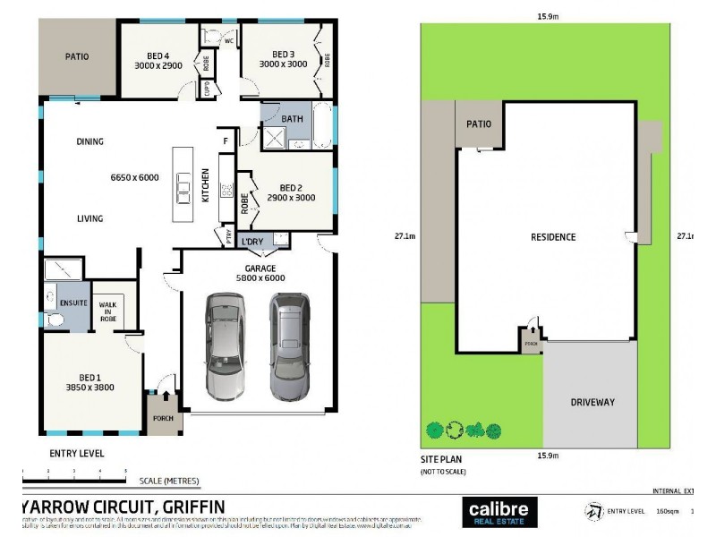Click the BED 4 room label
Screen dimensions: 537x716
157,54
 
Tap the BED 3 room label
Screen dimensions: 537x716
283,53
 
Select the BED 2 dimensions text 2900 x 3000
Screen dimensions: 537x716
291,198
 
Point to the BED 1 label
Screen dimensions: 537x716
89,375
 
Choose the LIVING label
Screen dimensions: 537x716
89,218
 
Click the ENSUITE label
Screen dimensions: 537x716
73,303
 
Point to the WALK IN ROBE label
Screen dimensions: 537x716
108,310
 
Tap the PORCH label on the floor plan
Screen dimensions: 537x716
163,418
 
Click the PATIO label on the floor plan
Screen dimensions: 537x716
77,56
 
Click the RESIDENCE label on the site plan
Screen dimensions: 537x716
553,237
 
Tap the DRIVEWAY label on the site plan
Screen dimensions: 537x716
592,402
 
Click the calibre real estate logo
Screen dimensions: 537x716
499,512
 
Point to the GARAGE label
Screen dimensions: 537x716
260,268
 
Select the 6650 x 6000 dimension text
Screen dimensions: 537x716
134,177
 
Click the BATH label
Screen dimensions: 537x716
293,119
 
